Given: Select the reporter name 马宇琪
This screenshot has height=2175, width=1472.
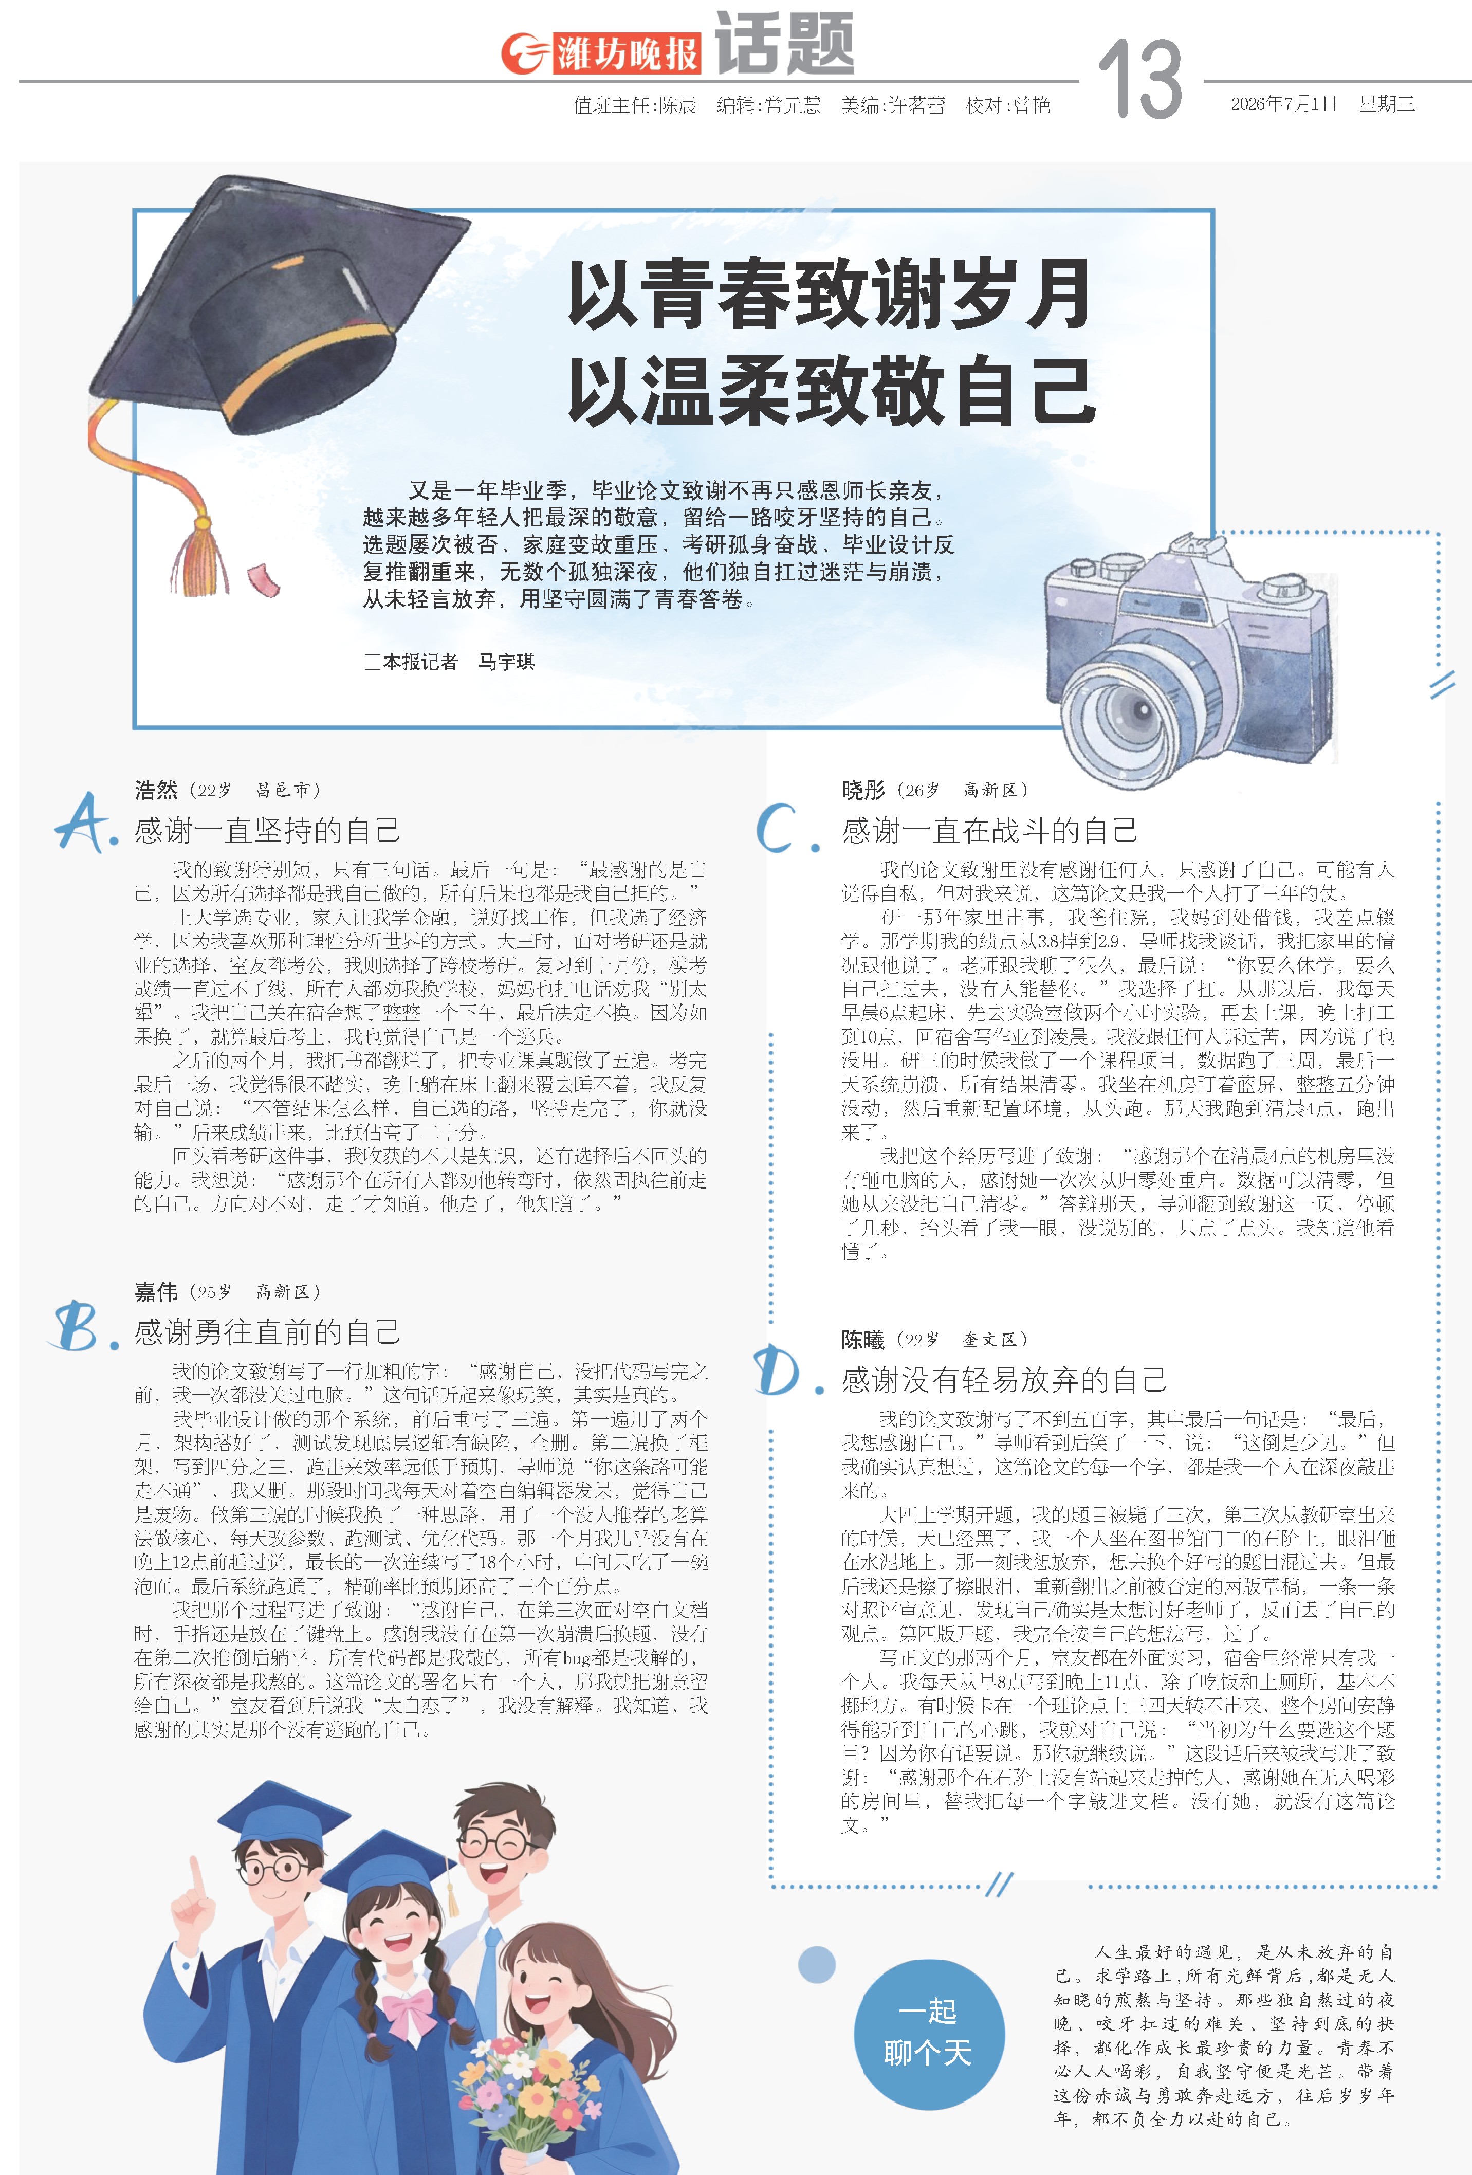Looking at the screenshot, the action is (x=506, y=662).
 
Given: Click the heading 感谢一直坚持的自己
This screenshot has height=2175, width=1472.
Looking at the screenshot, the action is (x=268, y=830).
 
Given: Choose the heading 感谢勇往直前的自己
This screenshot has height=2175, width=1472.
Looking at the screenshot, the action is (x=268, y=1332).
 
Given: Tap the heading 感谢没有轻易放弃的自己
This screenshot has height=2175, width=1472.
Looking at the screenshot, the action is (x=1004, y=1380).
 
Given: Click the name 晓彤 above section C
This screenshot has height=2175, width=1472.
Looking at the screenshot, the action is (x=863, y=790).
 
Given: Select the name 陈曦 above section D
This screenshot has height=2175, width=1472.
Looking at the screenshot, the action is (x=863, y=1339).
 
